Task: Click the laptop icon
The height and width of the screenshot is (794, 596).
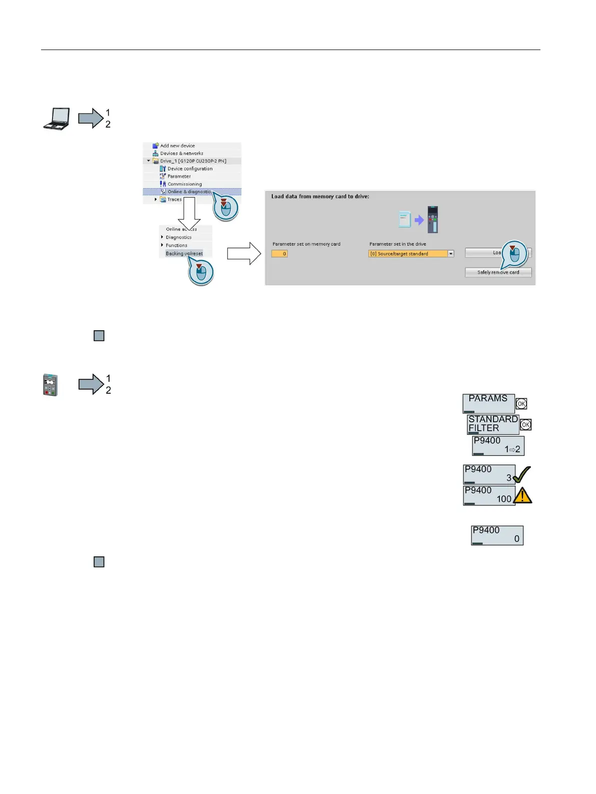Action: click(x=56, y=119)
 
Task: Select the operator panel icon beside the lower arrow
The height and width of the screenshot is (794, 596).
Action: click(x=50, y=385)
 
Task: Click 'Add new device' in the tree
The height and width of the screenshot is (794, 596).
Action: click(x=177, y=146)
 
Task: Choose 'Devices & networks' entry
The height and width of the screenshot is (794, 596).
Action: click(x=181, y=154)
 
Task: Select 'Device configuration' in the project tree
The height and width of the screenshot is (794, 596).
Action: click(x=190, y=169)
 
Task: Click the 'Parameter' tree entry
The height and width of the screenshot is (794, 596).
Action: click(x=179, y=176)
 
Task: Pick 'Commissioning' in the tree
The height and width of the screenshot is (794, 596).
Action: click(x=184, y=184)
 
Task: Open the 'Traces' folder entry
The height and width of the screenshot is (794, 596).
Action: click(x=174, y=199)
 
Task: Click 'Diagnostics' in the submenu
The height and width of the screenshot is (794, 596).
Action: click(x=179, y=237)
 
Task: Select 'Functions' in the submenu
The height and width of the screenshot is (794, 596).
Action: click(x=177, y=245)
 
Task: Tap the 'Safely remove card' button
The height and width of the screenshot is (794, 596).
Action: click(x=498, y=272)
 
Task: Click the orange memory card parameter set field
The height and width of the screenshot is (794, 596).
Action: click(x=279, y=254)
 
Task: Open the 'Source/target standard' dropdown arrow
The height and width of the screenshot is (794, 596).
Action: click(x=451, y=254)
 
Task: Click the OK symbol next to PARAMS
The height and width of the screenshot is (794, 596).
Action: click(x=521, y=404)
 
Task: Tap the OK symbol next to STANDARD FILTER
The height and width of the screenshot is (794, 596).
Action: click(x=525, y=425)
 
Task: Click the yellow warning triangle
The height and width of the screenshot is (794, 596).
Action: click(x=522, y=495)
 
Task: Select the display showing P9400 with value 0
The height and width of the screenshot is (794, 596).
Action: click(x=497, y=535)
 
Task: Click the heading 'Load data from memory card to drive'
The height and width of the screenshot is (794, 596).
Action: click(x=320, y=197)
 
